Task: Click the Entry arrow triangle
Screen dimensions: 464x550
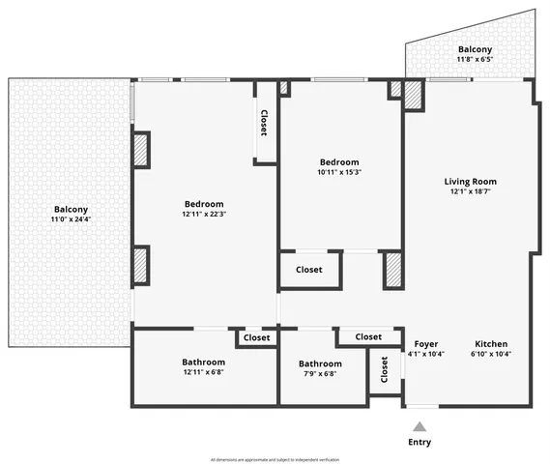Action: [420, 426]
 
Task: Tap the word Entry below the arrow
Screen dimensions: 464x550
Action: [420, 442]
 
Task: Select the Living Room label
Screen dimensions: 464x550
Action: [470, 182]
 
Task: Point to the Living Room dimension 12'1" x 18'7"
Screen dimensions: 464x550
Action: [470, 192]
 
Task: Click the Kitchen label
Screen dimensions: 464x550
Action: [491, 344]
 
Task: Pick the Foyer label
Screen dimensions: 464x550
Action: [426, 344]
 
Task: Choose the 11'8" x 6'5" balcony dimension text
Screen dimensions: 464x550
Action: [475, 60]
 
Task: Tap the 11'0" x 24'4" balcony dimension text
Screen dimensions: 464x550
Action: [71, 219]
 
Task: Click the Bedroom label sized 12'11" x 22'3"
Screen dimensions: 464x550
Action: [204, 204]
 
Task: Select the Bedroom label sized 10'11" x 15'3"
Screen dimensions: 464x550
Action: [339, 162]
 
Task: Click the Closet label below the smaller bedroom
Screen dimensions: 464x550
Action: [309, 270]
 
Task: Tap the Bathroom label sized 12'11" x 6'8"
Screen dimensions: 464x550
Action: [204, 362]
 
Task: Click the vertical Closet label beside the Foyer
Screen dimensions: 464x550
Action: [384, 372]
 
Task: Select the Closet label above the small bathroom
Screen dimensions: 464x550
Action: [368, 336]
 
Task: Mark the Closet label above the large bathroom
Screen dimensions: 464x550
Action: [256, 337]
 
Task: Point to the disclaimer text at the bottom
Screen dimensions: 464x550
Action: [275, 458]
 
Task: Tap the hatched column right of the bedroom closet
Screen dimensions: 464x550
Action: [391, 269]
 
